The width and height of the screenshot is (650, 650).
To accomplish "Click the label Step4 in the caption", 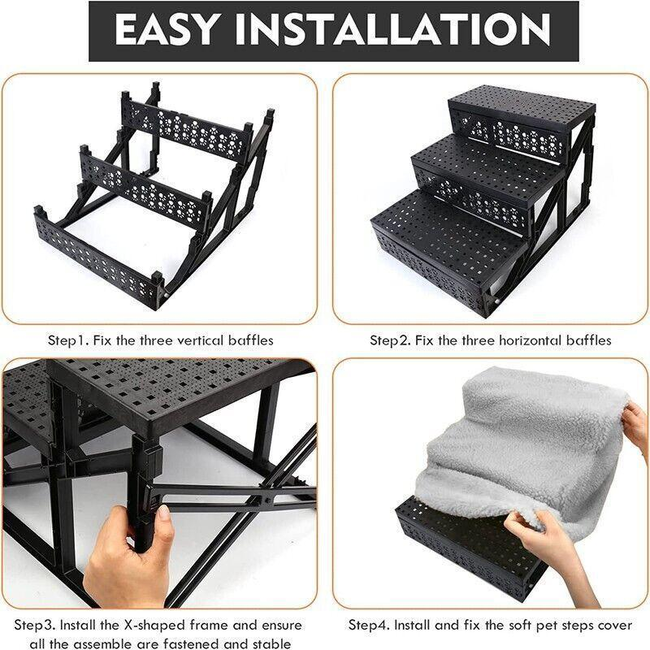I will click(x=370, y=625).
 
